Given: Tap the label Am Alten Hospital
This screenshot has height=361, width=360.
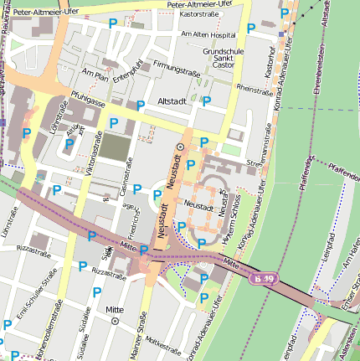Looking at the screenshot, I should tap(208, 35).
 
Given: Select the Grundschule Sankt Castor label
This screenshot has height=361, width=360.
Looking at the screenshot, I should tap(222, 58).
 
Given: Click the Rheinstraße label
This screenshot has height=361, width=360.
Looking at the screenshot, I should tap(255, 87).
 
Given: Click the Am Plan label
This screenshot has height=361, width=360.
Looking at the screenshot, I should tap(96, 76).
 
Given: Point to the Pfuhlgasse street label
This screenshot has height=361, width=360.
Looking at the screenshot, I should tap(87, 99).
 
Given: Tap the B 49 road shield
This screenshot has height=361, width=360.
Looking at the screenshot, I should tap(265, 278).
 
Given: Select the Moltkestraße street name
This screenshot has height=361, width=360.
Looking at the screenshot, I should tap(165, 344).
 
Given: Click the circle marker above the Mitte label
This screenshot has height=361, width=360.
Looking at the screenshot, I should tap(116, 321).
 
